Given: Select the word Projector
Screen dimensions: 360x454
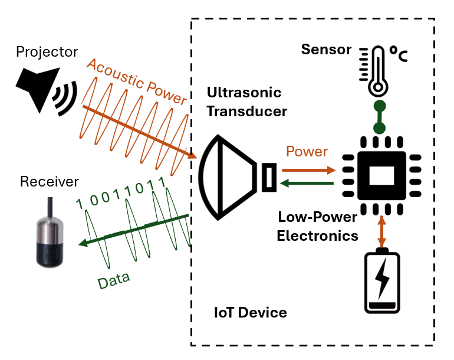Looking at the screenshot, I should point(47,52).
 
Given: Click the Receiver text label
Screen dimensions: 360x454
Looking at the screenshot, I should point(49,181).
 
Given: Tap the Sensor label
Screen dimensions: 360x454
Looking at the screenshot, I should point(326,49).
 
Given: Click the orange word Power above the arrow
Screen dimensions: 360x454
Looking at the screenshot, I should point(307,152).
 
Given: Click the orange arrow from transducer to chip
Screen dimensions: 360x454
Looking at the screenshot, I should point(310,169).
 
